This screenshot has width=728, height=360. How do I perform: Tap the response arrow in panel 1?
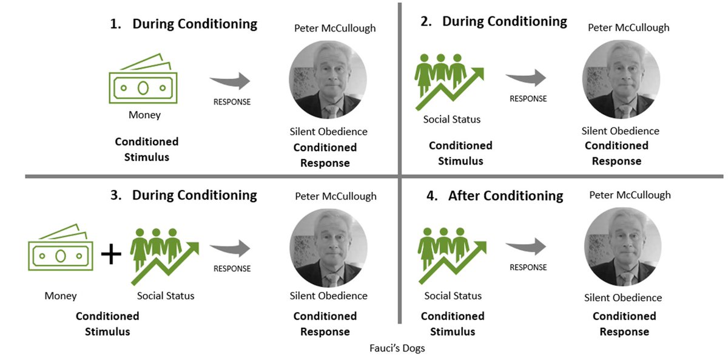pos(231,81)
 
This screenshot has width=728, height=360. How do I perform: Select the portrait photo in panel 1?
pos(328,80)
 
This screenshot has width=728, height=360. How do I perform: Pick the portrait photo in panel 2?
pos(621,80)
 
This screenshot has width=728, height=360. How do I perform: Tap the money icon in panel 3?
pos(61,254)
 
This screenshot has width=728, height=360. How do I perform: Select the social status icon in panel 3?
pos(164,255)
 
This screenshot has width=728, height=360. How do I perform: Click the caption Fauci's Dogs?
pos(397,349)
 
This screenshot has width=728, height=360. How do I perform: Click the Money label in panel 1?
pos(144,115)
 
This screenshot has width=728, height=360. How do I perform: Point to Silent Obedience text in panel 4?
pos(623,297)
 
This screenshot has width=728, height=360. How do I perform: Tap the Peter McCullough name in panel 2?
pos(629,27)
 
